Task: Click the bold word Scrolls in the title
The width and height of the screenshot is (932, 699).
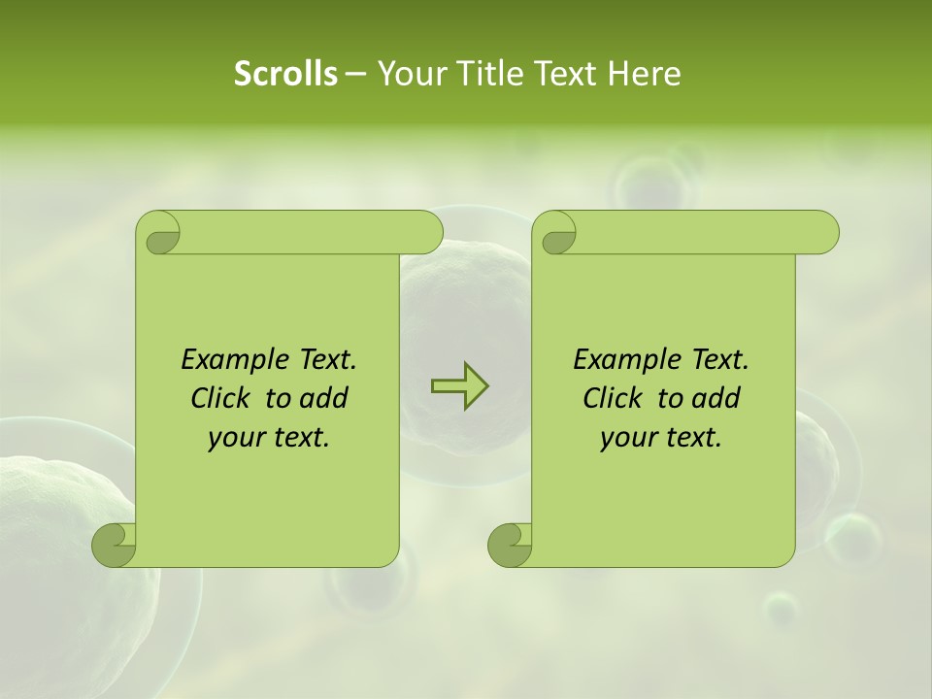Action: pyautogui.click(x=285, y=74)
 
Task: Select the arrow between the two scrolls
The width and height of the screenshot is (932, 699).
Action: pyautogui.click(x=459, y=385)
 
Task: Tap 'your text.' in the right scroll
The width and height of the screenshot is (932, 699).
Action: pyautogui.click(x=661, y=437)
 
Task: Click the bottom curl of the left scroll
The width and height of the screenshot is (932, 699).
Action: pyautogui.click(x=114, y=545)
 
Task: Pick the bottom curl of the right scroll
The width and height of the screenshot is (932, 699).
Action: pyautogui.click(x=510, y=545)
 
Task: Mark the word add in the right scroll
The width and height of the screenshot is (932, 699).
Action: pyautogui.click(x=717, y=398)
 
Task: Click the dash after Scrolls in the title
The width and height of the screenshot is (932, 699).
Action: pyautogui.click(x=355, y=74)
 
